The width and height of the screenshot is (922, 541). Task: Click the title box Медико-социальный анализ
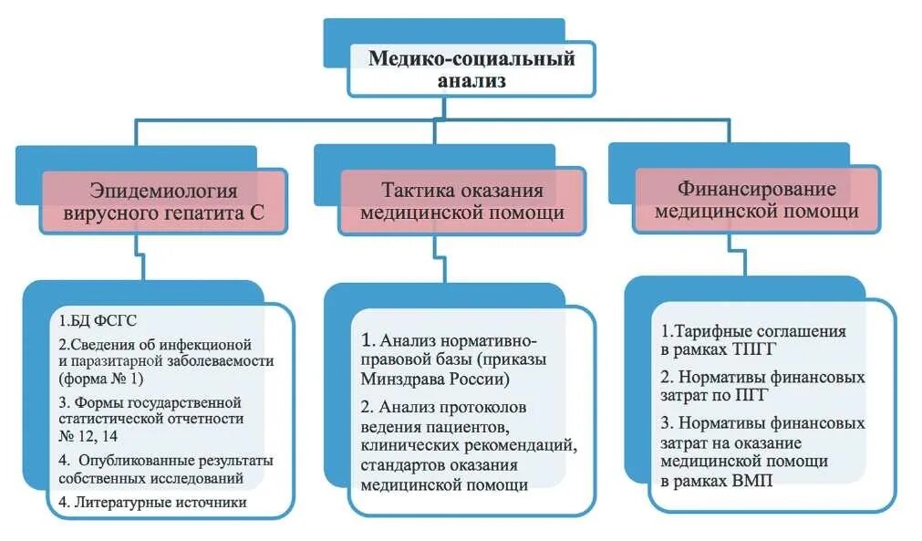471,69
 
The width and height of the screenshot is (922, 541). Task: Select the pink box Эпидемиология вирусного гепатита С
164,203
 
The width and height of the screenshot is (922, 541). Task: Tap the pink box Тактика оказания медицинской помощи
462,203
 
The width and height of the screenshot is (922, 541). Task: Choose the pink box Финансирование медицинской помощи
757,200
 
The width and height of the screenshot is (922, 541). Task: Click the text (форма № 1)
114,378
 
